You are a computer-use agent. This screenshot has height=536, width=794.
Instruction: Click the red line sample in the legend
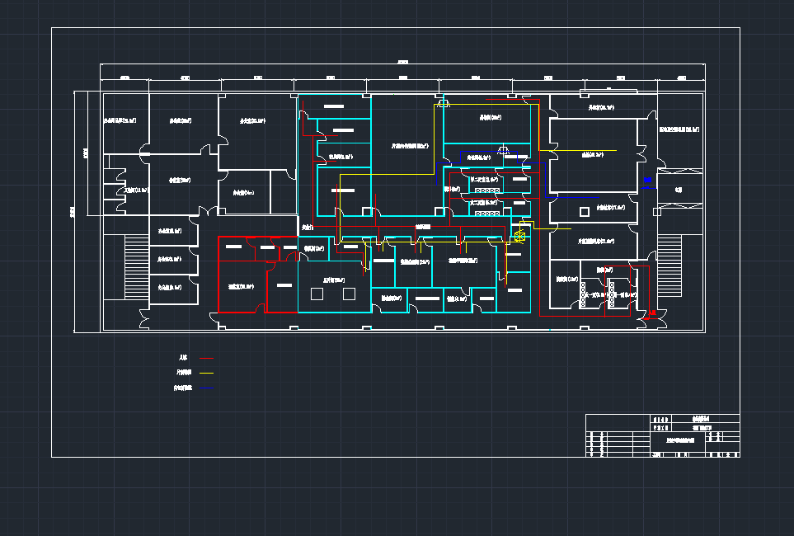click(x=207, y=358)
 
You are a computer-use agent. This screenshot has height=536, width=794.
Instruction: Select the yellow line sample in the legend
click(x=207, y=373)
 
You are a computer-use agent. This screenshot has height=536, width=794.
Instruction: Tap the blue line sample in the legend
click(x=207, y=388)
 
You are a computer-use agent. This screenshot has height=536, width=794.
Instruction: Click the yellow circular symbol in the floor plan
click(x=519, y=237)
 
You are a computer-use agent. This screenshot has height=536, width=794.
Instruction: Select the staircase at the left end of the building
click(x=131, y=268)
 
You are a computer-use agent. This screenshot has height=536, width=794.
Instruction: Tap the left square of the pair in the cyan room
click(x=316, y=294)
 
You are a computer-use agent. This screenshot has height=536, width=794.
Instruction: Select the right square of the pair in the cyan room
click(x=349, y=294)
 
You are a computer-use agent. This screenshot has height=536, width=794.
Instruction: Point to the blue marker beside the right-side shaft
click(x=648, y=180)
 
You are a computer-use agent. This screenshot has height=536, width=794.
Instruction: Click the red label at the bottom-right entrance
click(x=652, y=313)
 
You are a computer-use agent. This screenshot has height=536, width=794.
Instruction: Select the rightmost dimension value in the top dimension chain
click(x=681, y=78)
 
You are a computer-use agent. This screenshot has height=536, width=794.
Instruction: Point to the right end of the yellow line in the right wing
click(x=615, y=150)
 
